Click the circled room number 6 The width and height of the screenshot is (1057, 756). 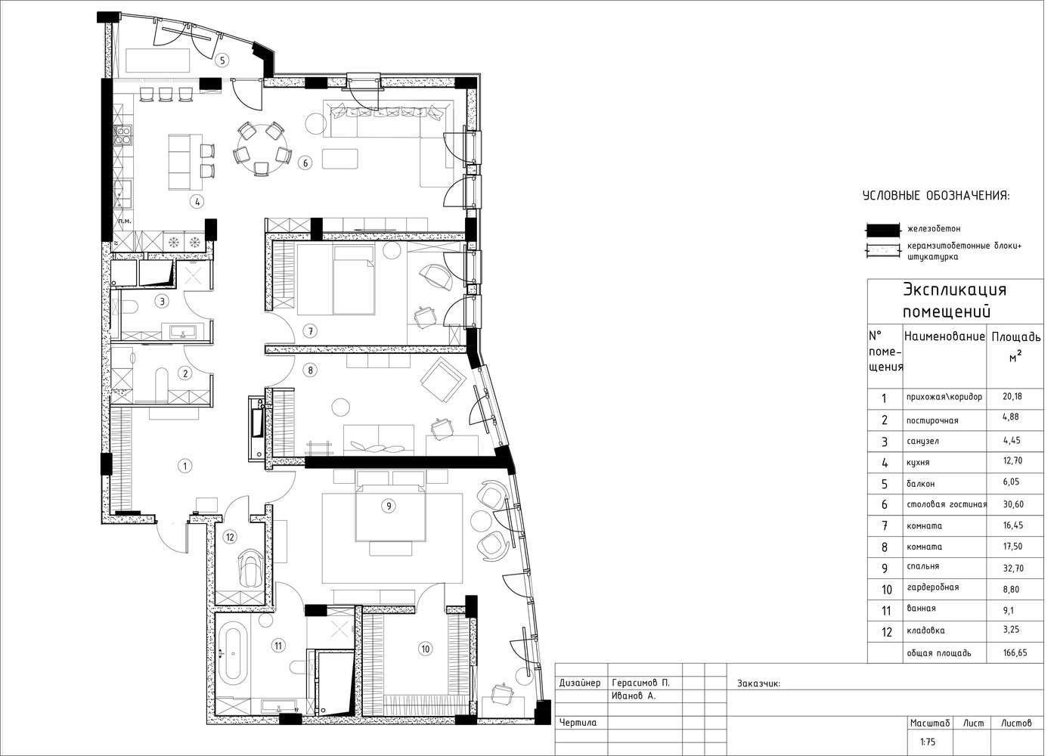pyautogui.click(x=305, y=163)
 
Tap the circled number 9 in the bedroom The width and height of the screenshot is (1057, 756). pyautogui.click(x=389, y=507)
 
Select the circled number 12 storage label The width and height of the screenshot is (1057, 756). pyautogui.click(x=230, y=537)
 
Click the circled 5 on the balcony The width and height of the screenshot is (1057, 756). pyautogui.click(x=222, y=60)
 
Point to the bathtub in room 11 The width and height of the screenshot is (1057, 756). pyautogui.click(x=232, y=651)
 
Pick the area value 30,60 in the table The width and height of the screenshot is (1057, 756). pyautogui.click(x=1013, y=504)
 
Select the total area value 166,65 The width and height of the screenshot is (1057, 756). pyautogui.click(x=1015, y=653)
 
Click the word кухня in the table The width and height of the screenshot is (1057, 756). pyautogui.click(x=918, y=463)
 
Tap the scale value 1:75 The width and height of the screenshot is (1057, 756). pyautogui.click(x=927, y=742)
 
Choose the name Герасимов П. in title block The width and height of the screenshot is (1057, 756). pyautogui.click(x=640, y=683)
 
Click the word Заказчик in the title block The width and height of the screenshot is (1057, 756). pyautogui.click(x=758, y=683)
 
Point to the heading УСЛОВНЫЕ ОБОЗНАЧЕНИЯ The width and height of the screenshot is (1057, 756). pyautogui.click(x=936, y=196)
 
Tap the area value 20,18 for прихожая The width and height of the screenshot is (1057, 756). pyautogui.click(x=1012, y=396)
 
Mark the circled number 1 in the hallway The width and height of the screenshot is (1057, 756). pyautogui.click(x=185, y=466)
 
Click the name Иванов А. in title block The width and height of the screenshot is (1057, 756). pyautogui.click(x=634, y=696)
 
